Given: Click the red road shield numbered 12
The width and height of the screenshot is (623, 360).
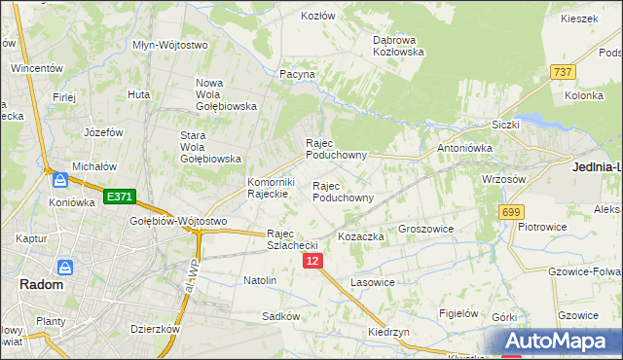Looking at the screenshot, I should [311, 261].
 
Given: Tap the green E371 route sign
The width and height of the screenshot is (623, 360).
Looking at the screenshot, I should [119, 197].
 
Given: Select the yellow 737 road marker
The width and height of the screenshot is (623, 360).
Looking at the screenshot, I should [562, 72].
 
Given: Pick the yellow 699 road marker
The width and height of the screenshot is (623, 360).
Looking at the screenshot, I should [510, 211].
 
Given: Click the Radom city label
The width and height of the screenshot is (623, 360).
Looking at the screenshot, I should [41, 285].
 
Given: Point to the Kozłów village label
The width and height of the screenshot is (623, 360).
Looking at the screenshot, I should [317, 17].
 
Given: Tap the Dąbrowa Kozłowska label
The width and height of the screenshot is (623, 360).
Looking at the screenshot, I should [399, 46].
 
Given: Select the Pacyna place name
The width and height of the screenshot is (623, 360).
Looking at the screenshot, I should [297, 74].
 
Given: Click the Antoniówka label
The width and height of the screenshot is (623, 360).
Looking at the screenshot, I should [464, 148].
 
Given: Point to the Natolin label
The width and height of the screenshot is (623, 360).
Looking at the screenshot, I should [260, 280].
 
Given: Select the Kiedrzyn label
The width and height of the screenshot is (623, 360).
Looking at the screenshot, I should [388, 332].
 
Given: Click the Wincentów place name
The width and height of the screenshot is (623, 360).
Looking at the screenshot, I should [37, 69].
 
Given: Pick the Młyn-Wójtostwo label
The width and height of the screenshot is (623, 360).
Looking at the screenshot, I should [170, 45].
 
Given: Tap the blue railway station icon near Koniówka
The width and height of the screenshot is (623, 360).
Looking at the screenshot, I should [60, 181].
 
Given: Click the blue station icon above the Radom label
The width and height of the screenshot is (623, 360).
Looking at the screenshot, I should [65, 267].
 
